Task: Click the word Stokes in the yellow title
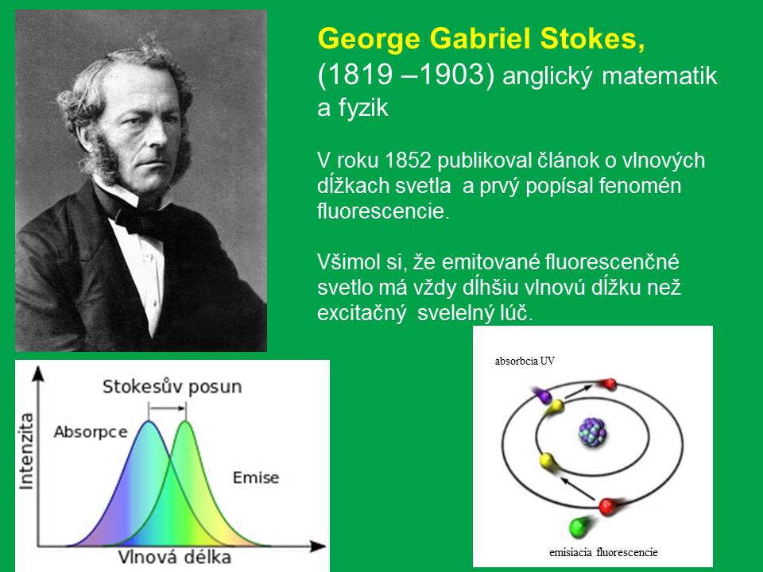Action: [x=593, y=38]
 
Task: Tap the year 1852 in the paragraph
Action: [x=406, y=160]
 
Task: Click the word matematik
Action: [x=660, y=76]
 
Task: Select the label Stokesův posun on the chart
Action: [x=172, y=387]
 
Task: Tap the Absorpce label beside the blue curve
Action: [x=91, y=432]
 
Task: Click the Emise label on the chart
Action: [x=256, y=477]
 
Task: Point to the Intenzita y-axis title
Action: [x=25, y=451]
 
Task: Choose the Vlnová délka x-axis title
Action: [x=174, y=557]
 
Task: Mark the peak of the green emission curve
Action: [x=185, y=421]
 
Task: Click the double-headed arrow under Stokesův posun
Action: [x=167, y=408]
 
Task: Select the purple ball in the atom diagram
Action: [x=541, y=394]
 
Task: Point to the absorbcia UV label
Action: [x=525, y=361]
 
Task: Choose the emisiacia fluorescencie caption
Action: [x=603, y=553]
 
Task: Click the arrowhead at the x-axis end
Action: [x=320, y=547]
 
